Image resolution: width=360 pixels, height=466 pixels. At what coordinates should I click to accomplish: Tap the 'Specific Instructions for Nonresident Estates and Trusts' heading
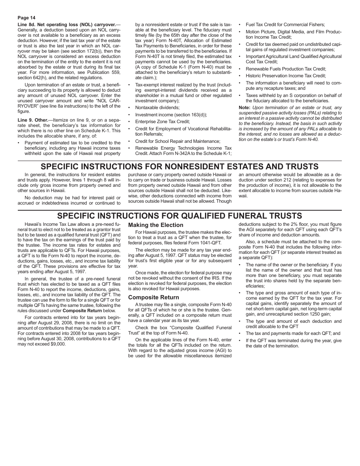point(180,167)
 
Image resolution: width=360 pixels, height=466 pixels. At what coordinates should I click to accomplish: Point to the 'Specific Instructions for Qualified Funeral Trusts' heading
point(180,216)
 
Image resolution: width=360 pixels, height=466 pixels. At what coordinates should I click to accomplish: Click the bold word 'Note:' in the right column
point(244,108)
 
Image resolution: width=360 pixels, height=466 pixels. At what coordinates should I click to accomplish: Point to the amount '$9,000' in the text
point(57,344)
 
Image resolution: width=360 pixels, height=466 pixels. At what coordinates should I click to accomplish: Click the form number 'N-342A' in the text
point(179,153)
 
